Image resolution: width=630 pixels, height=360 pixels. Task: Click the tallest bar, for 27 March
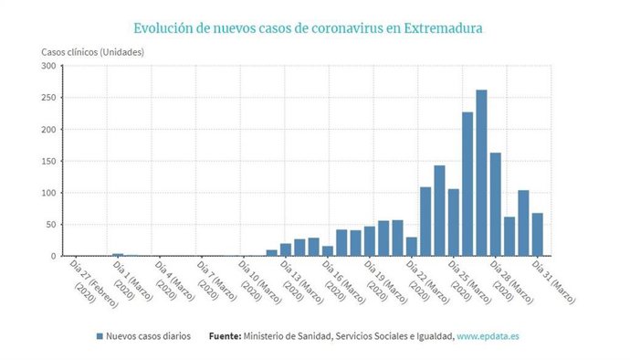(x=481, y=174)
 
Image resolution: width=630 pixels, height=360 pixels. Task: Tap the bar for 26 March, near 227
(x=467, y=185)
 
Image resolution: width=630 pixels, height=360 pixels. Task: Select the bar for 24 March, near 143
(x=439, y=211)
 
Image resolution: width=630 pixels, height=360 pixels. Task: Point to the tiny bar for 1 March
(x=118, y=255)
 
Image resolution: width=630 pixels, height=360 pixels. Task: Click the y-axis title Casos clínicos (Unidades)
(x=90, y=51)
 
